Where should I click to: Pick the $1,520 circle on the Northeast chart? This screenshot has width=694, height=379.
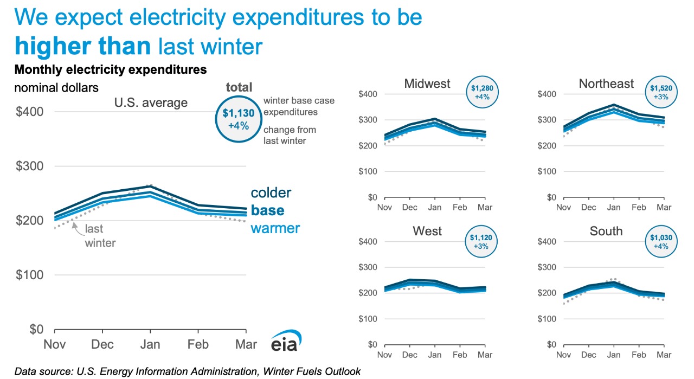(661, 93)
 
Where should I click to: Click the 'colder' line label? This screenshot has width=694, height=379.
(271, 193)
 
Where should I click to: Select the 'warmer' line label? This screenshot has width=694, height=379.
(275, 228)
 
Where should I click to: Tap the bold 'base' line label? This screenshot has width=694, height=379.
(267, 210)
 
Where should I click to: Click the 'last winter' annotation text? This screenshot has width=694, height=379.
(100, 236)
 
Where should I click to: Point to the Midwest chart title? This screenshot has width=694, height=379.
(427, 83)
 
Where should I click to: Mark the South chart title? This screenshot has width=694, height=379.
(606, 231)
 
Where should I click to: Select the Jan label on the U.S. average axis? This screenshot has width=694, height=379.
(151, 344)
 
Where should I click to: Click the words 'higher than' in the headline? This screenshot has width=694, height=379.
(83, 47)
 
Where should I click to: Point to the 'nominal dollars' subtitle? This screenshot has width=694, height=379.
(56, 87)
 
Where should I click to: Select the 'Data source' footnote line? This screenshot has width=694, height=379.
(188, 371)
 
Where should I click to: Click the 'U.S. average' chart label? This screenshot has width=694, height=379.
(150, 102)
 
